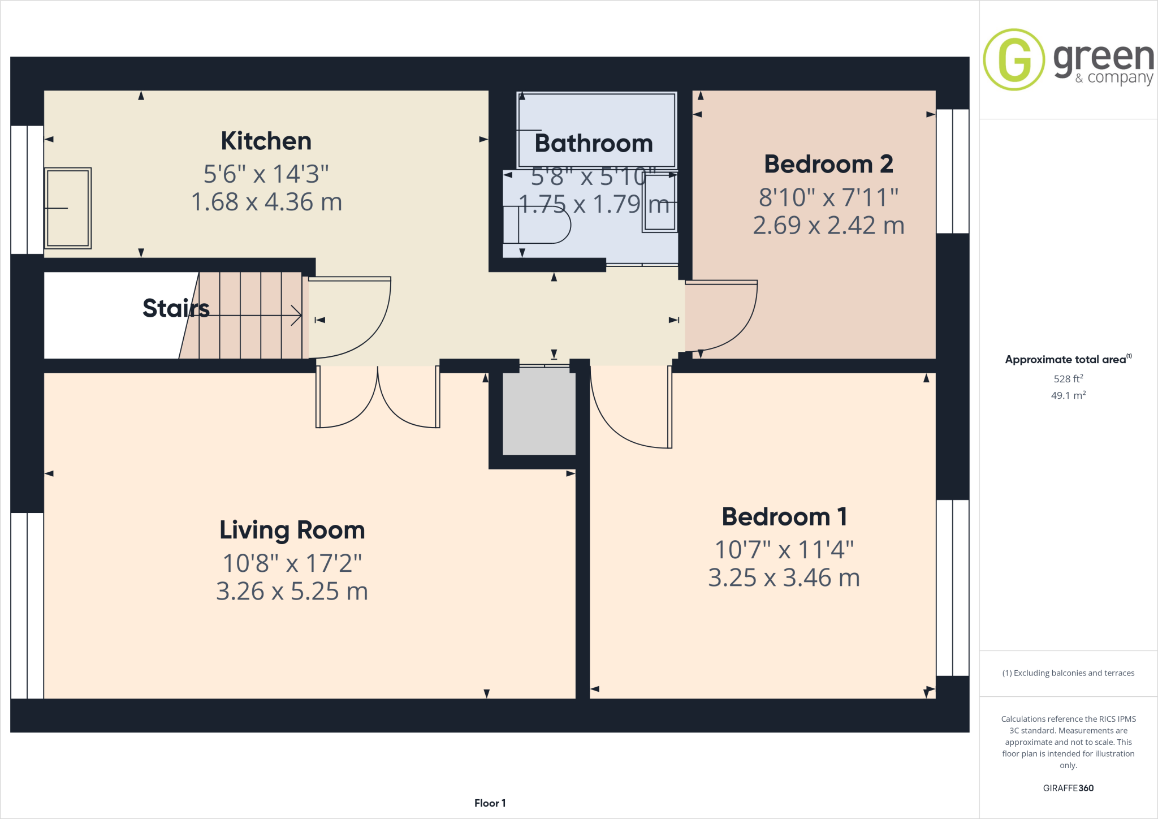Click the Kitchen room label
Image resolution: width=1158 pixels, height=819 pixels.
[266, 141]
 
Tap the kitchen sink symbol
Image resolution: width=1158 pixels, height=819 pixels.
[68, 208]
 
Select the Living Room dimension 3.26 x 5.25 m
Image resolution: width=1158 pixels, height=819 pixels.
[292, 591]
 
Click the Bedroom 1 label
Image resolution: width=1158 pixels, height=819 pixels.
[784, 516]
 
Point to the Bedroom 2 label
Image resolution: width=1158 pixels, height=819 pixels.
[828, 164]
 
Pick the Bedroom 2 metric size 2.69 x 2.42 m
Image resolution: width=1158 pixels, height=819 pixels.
[828, 225]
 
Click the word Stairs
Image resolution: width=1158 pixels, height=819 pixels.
[176, 308]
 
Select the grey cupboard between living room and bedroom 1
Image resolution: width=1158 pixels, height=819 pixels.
[539, 411]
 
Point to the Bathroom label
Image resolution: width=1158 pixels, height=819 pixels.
[594, 143]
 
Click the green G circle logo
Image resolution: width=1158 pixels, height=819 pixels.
[1014, 59]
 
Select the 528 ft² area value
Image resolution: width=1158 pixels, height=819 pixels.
[1068, 379]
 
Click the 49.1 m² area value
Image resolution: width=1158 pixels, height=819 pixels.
[1068, 395]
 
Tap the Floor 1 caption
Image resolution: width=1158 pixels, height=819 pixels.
[490, 803]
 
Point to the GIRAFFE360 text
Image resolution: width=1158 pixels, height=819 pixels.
[1068, 788]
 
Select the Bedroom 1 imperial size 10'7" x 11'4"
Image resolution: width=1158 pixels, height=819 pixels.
[784, 549]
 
